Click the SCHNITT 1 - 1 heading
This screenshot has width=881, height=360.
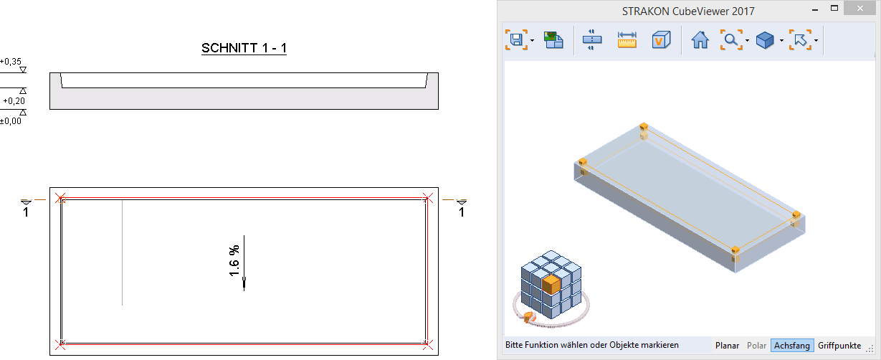click(x=244, y=48)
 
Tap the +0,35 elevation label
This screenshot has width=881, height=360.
click(x=11, y=62)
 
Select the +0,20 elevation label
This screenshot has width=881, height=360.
click(x=14, y=100)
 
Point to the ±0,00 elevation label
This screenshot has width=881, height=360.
click(x=11, y=120)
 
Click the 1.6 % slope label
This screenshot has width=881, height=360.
click(x=234, y=261)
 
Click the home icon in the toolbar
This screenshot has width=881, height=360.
click(x=700, y=39)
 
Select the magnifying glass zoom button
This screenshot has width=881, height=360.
click(x=731, y=39)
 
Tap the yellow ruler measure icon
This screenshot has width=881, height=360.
click(x=627, y=39)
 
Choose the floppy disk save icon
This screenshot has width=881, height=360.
click(x=516, y=39)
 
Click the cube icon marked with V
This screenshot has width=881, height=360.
click(x=661, y=39)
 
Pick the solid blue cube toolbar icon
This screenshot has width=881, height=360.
click(x=765, y=40)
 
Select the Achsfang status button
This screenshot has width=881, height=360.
click(x=791, y=346)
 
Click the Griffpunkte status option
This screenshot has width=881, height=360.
click(x=839, y=346)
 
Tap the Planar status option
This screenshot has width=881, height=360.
click(x=727, y=346)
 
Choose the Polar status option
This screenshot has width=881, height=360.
click(x=756, y=346)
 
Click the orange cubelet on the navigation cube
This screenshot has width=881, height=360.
click(x=551, y=284)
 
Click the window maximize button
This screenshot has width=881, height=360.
click(x=834, y=9)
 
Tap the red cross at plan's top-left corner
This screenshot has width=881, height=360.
click(x=60, y=198)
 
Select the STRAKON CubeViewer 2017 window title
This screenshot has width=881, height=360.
click(x=688, y=11)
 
